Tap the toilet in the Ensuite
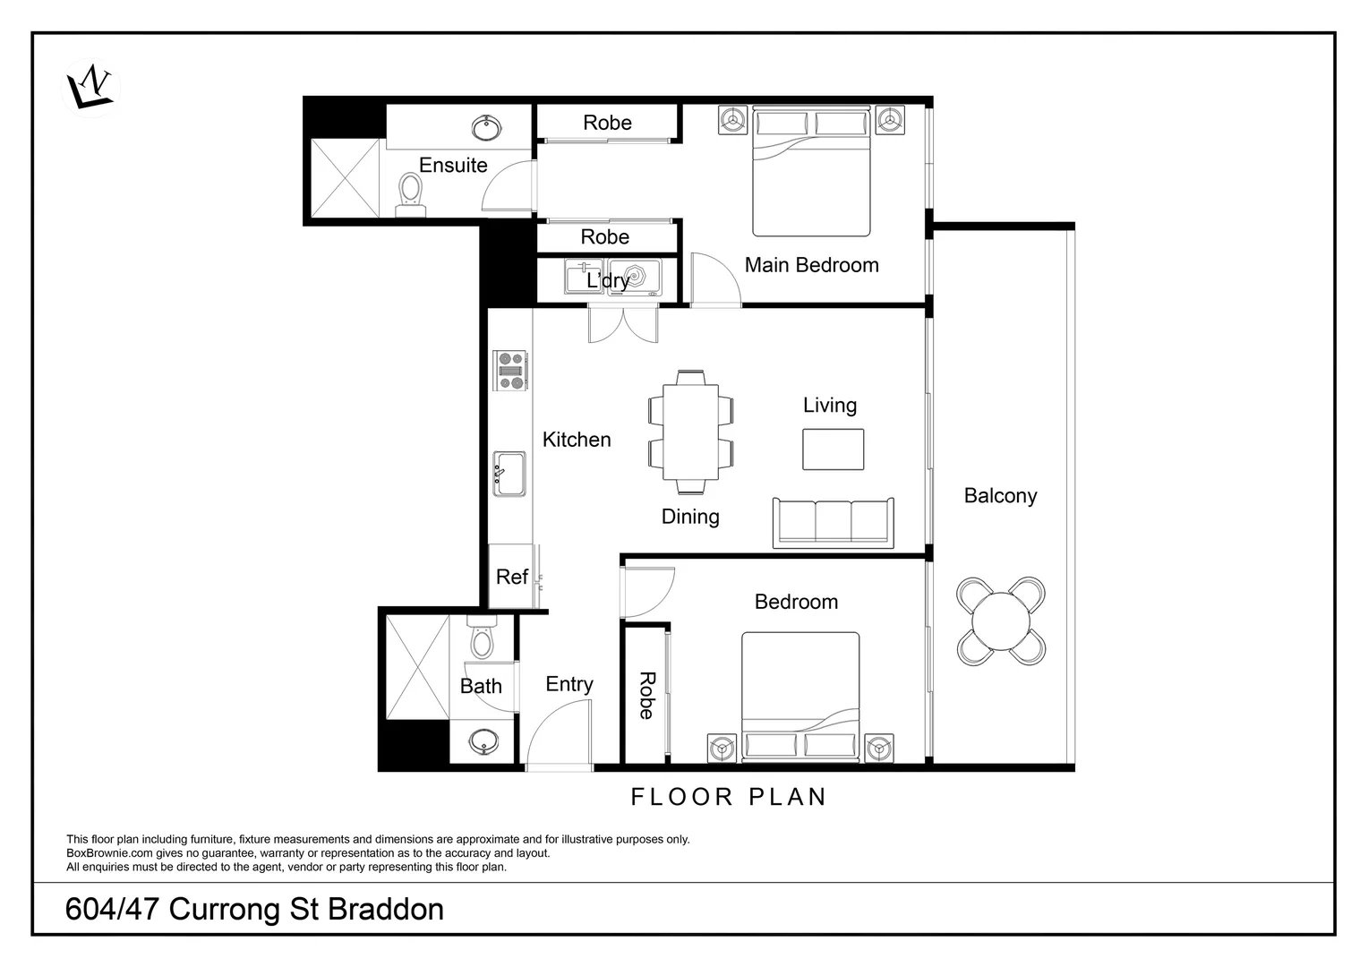(x=411, y=192)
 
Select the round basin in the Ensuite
(x=486, y=128)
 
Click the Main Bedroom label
(x=811, y=265)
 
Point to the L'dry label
(x=608, y=280)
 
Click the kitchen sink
(x=509, y=475)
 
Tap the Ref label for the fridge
(x=512, y=577)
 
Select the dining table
(x=690, y=432)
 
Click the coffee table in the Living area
(x=833, y=449)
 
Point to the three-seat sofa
(x=833, y=522)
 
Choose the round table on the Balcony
(x=1002, y=620)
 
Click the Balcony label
(x=1000, y=496)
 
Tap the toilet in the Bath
(x=482, y=638)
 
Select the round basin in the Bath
(x=484, y=741)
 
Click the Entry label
(x=569, y=684)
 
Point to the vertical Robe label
(x=646, y=696)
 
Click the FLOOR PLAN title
(x=729, y=797)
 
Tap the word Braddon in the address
(x=386, y=910)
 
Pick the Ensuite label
(x=453, y=166)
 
